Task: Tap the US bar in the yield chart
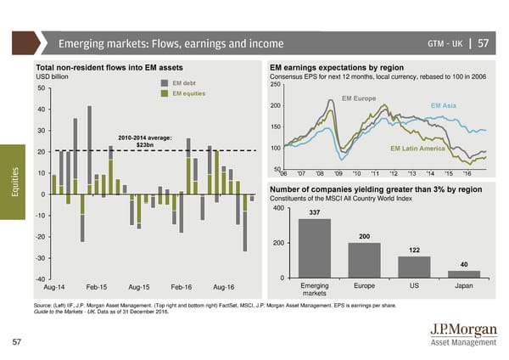[x=414, y=267]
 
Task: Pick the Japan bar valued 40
[x=463, y=273]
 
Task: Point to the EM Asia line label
[x=444, y=105]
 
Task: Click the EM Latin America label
[x=417, y=149]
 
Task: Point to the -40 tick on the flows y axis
[x=39, y=280]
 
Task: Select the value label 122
[x=414, y=250]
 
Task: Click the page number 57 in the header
[x=484, y=43]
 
